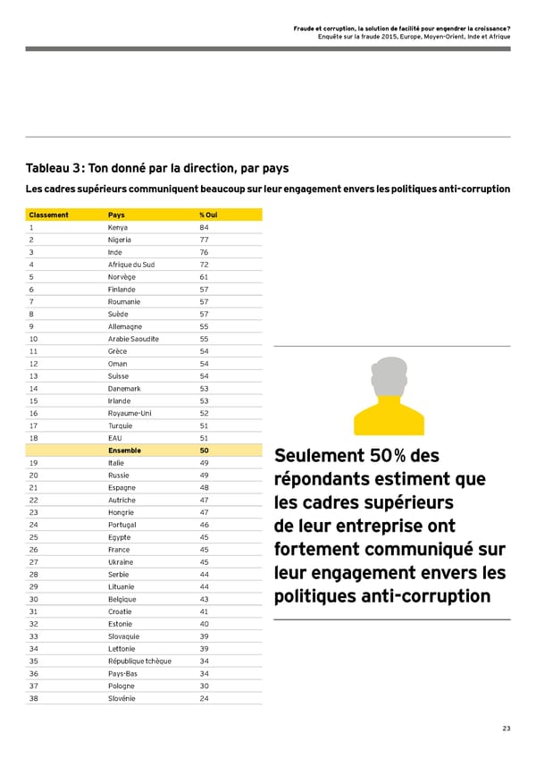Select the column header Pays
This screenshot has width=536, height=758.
[116, 215]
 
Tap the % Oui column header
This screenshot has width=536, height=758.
[207, 215]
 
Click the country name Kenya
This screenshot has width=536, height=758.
[118, 227]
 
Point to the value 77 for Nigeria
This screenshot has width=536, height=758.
[205, 240]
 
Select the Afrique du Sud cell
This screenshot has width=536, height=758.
[130, 265]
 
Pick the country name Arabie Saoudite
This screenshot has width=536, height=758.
[133, 339]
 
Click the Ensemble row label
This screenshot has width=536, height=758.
[123, 451]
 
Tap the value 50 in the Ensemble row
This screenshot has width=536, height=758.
[205, 451]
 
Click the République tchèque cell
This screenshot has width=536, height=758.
[139, 661]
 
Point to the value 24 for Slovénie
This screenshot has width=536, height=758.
[205, 698]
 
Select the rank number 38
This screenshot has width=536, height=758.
[34, 698]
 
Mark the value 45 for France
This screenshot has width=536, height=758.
[205, 550]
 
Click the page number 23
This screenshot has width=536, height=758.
[506, 729]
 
